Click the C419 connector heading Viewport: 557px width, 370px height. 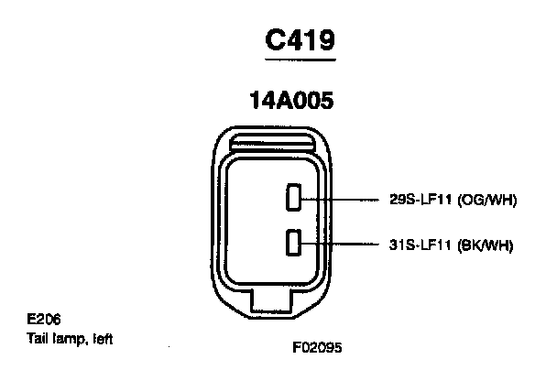tap(300, 39)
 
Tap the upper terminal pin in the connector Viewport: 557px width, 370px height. tap(293, 198)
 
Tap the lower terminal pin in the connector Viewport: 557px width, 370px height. tap(293, 243)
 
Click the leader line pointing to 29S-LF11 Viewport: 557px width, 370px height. tap(344, 199)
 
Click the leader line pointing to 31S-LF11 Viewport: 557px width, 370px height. tap(344, 244)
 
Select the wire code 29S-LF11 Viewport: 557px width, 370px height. tap(422, 200)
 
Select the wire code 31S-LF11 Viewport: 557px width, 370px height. tap(422, 245)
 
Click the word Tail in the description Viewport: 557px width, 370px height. tap(38, 337)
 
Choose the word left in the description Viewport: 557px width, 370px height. tap(102, 337)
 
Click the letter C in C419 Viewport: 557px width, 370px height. tap(277, 39)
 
